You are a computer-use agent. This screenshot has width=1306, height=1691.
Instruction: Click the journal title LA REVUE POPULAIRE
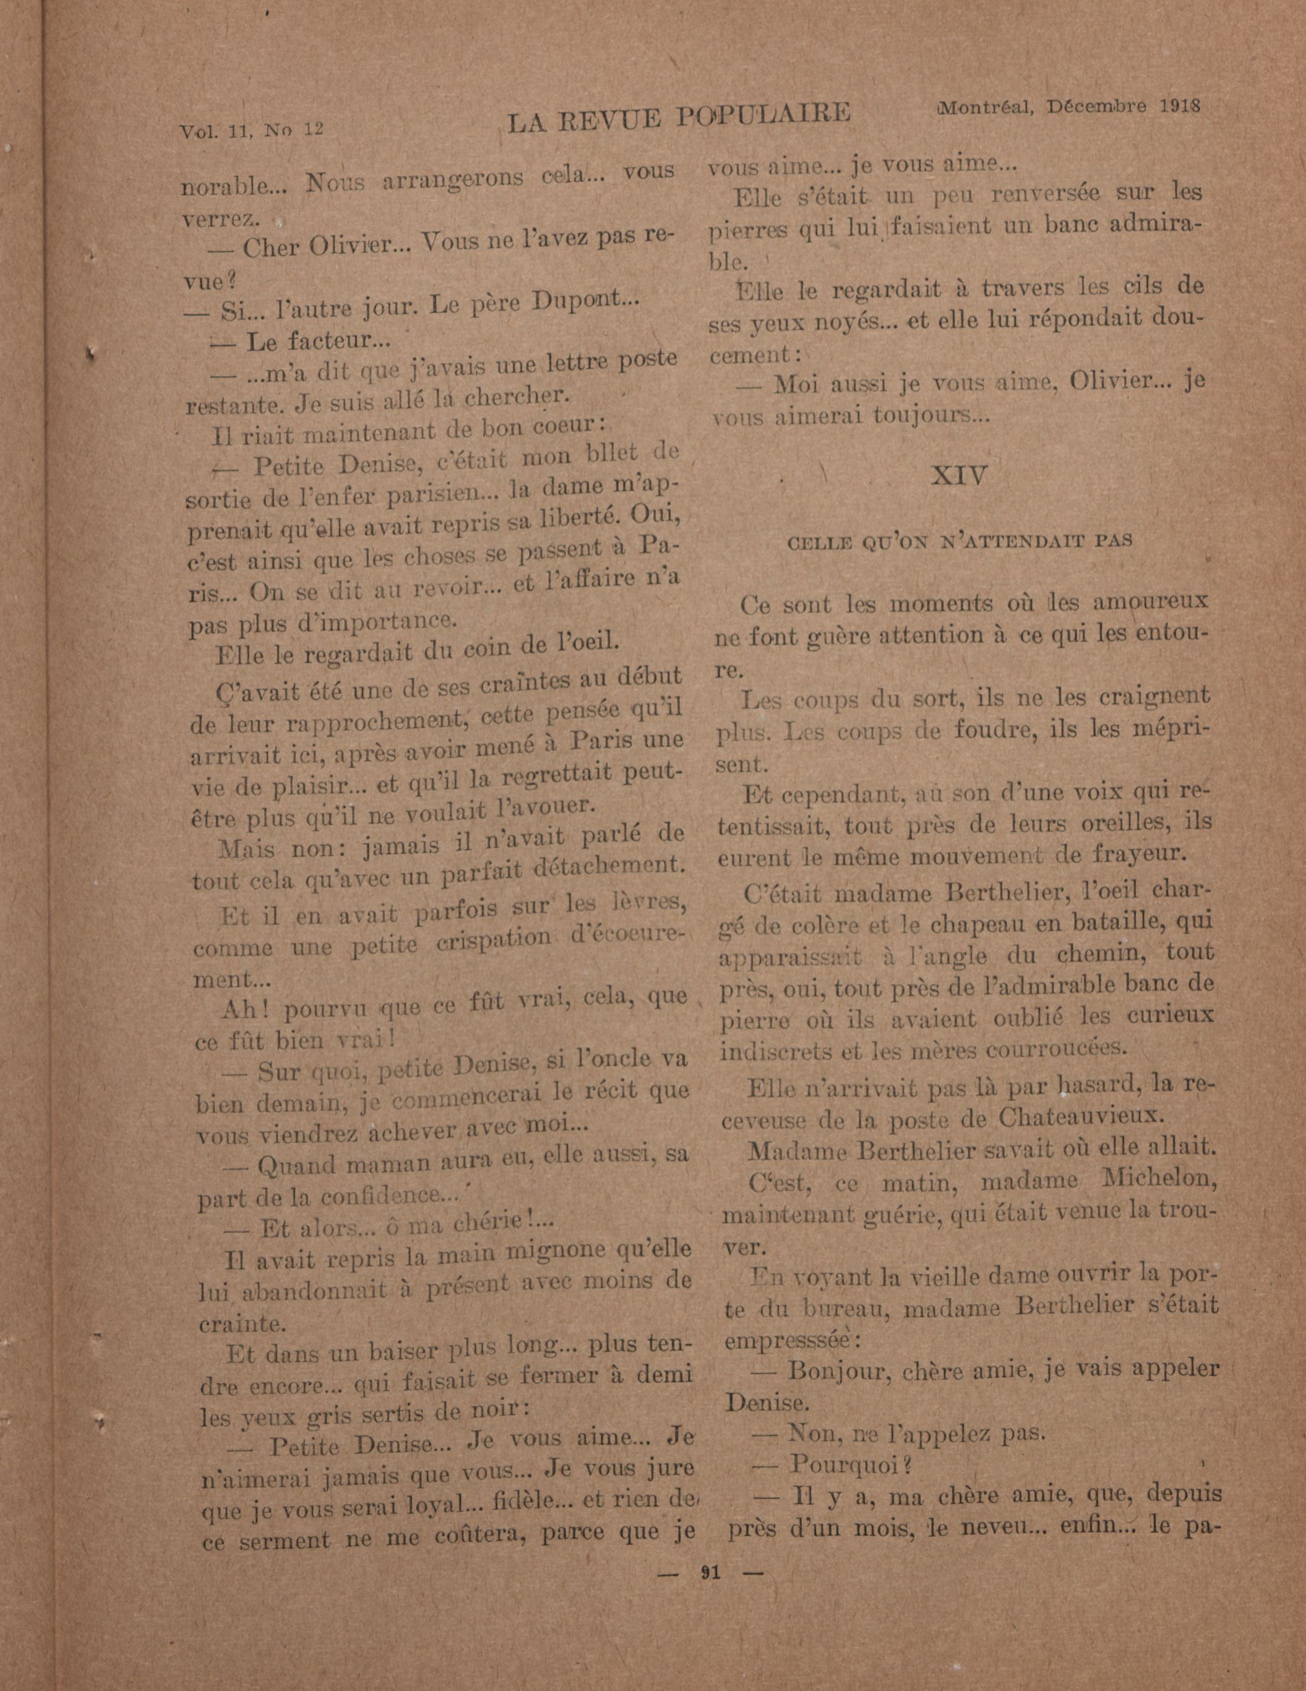click(x=678, y=115)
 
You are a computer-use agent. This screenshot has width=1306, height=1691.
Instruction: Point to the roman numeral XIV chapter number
click(x=959, y=475)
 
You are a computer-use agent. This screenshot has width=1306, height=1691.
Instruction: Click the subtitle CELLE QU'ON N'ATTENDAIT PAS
click(x=959, y=541)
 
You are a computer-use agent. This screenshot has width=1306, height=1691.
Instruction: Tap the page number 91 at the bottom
click(x=710, y=1571)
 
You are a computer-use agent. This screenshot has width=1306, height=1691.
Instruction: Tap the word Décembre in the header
click(x=1097, y=107)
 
